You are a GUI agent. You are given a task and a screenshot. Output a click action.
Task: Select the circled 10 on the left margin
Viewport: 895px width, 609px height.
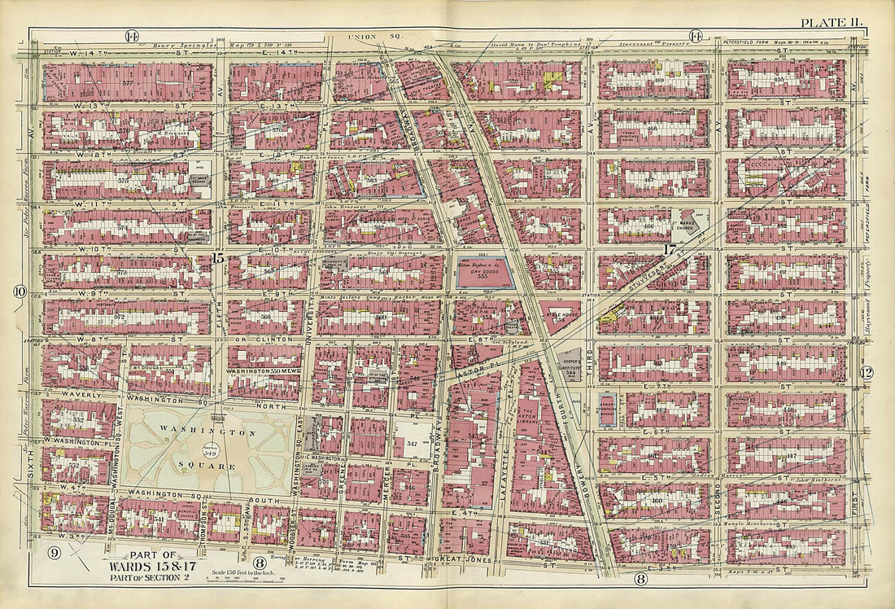coord(20,291)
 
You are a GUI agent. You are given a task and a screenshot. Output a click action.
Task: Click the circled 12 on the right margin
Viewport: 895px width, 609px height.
coord(867,373)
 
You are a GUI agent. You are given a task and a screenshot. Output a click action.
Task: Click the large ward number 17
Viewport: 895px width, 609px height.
coord(670,250)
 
